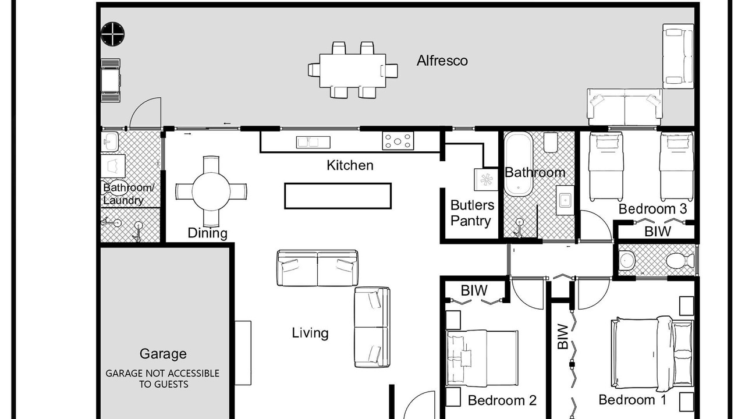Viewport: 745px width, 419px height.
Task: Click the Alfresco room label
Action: pyautogui.click(x=442, y=61)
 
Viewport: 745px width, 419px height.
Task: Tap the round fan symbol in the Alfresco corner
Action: pyautogui.click(x=113, y=34)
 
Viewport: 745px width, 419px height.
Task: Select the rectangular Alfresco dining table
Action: pyautogui.click(x=353, y=70)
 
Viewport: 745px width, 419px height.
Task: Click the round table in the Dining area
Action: pyautogui.click(x=211, y=191)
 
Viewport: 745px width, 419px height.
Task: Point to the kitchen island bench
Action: pyautogui.click(x=338, y=196)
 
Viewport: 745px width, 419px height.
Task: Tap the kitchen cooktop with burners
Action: pyautogui.click(x=398, y=141)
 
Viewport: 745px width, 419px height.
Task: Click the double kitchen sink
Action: pyautogui.click(x=313, y=142)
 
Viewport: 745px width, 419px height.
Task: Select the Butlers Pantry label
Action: pyautogui.click(x=472, y=213)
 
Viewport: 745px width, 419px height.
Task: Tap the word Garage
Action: pyautogui.click(x=163, y=354)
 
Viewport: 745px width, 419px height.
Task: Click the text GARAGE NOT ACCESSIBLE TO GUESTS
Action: pyautogui.click(x=162, y=378)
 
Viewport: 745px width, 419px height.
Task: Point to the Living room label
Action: pyautogui.click(x=310, y=333)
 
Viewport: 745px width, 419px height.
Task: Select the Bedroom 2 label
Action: pyautogui.click(x=502, y=400)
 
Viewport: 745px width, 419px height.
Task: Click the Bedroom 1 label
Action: pyautogui.click(x=632, y=399)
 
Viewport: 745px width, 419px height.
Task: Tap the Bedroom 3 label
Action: pyautogui.click(x=652, y=209)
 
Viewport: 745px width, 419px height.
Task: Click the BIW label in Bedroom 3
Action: pyautogui.click(x=658, y=232)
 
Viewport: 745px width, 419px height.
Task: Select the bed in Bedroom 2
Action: pyautogui.click(x=482, y=358)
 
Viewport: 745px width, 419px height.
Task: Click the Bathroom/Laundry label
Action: pyautogui.click(x=129, y=194)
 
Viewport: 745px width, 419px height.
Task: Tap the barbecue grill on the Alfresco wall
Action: pyautogui.click(x=111, y=80)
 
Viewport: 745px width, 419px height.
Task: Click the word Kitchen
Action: pyautogui.click(x=350, y=165)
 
